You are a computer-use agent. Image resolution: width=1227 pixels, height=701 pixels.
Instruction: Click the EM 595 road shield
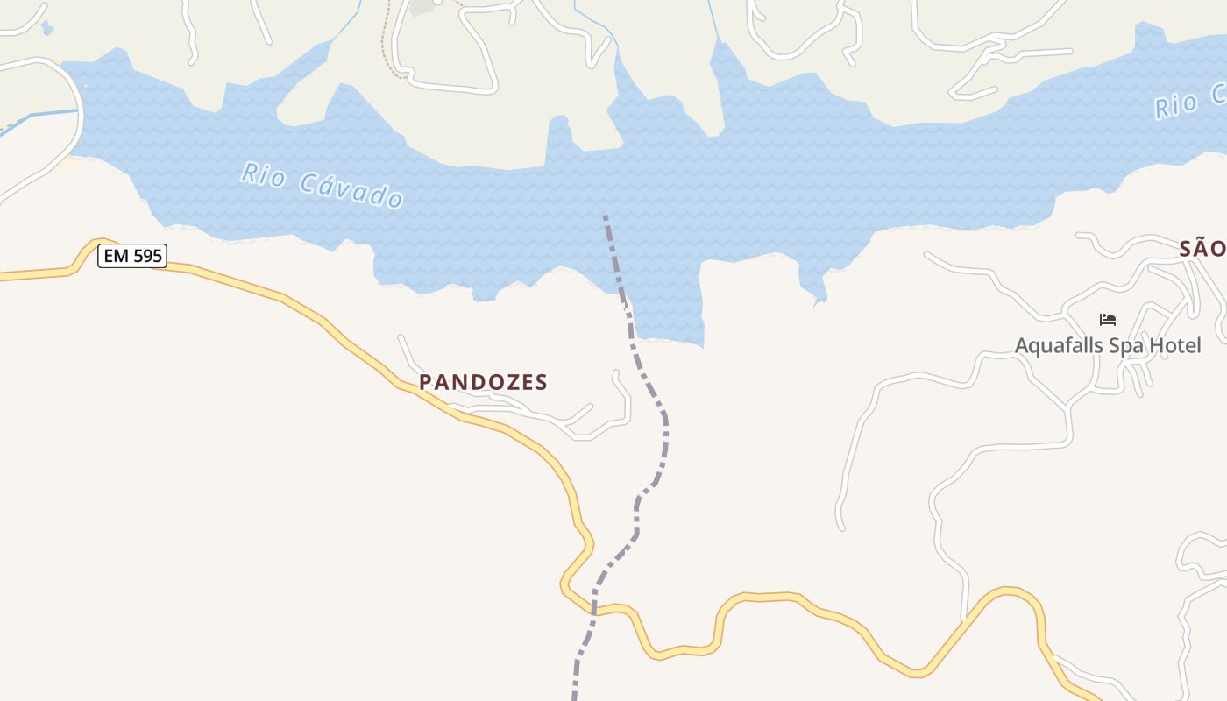(131, 256)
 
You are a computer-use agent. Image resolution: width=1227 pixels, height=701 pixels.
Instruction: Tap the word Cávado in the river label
(351, 188)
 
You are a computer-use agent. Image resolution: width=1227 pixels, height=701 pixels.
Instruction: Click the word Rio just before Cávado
(263, 174)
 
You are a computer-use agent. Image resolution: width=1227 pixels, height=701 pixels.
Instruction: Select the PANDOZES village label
(483, 382)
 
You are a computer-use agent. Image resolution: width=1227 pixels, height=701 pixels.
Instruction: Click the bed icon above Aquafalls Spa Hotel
(1108, 320)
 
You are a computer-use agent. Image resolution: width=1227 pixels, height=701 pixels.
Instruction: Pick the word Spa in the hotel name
(1127, 345)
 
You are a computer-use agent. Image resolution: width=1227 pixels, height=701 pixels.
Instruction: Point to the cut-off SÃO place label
(1202, 249)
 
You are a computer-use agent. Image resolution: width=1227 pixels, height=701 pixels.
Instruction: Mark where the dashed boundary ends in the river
(605, 216)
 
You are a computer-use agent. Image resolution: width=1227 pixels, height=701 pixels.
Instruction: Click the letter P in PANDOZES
(426, 382)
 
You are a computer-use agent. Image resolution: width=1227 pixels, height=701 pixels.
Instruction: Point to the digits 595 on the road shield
(146, 256)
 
